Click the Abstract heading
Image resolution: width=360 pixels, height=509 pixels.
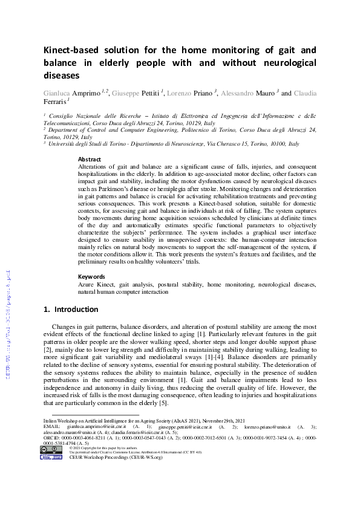(90, 160)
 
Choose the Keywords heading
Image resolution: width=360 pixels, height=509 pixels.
(92, 276)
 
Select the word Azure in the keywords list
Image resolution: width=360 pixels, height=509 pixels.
(87, 284)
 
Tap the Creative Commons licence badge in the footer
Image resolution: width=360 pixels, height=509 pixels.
(51, 452)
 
